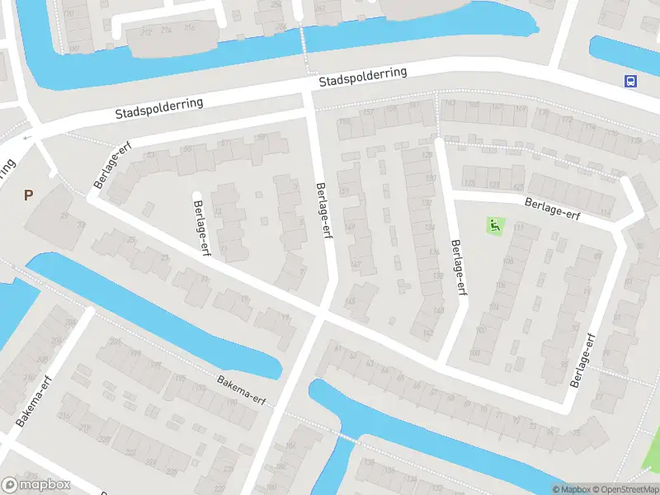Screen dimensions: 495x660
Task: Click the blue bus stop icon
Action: click(x=630, y=81)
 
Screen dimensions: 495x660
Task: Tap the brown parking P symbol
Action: click(x=28, y=196)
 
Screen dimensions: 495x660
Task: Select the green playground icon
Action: click(x=494, y=224)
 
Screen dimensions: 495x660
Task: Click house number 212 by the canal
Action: click(x=146, y=31)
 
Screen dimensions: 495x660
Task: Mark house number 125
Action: click(x=470, y=182)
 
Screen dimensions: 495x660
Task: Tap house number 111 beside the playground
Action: click(x=519, y=227)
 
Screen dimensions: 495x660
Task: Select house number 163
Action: click(x=450, y=103)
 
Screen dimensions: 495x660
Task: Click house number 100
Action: click(x=474, y=354)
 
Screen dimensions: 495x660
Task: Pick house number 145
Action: click(x=350, y=302)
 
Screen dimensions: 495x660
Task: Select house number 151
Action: click(x=343, y=191)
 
